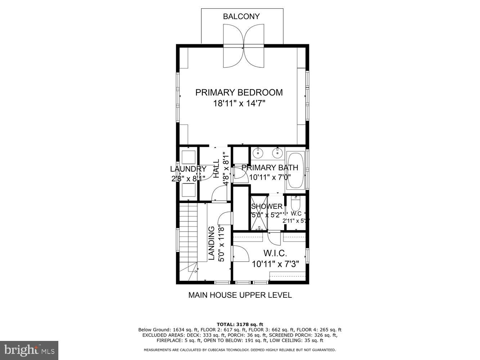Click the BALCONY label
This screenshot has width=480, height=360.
click(x=241, y=17)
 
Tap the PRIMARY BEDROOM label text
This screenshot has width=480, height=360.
click(x=239, y=93)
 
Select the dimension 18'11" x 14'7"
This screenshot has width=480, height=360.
click(x=239, y=104)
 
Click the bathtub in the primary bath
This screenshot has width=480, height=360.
click(x=295, y=171)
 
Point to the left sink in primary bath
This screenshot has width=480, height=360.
click(x=258, y=153)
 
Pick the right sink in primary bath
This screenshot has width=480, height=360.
click(x=277, y=153)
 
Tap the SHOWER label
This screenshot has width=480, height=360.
click(x=266, y=207)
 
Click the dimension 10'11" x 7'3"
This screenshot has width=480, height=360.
click(x=275, y=265)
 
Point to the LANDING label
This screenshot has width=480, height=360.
click(x=212, y=243)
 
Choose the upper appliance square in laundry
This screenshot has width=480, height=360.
click(x=188, y=157)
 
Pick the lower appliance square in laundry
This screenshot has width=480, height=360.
click(x=188, y=190)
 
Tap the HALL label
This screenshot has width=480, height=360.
click(x=216, y=169)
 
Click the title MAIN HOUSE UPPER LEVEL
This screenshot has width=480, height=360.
click(x=240, y=295)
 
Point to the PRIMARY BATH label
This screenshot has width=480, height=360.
click(x=270, y=167)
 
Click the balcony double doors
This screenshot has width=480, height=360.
click(x=243, y=46)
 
